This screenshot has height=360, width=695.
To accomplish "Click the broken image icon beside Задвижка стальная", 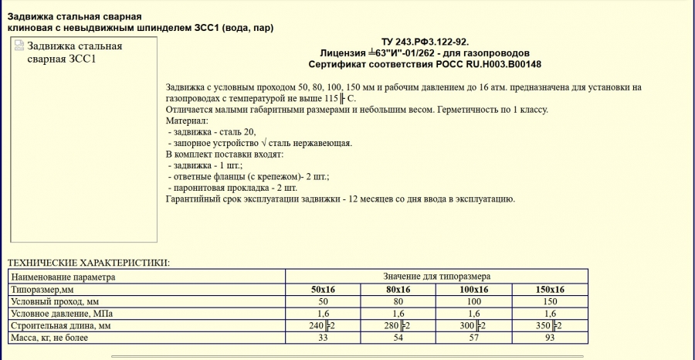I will [19, 46].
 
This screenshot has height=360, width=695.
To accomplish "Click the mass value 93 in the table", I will [550, 338].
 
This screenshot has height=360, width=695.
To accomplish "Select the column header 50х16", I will [323, 289].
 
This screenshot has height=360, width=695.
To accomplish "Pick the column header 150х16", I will [550, 289].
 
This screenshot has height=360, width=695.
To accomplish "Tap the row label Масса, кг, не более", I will [50, 338].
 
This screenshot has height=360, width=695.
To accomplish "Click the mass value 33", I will [323, 338].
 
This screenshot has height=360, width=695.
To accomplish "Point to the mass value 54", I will [398, 338].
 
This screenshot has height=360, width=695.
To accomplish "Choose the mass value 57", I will [474, 338].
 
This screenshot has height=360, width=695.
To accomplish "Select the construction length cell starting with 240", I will [323, 325].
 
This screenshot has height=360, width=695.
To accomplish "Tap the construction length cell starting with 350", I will [550, 325].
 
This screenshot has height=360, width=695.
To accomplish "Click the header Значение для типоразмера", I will [436, 276].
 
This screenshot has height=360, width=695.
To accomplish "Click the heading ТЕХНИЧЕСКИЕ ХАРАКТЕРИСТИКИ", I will [88, 263].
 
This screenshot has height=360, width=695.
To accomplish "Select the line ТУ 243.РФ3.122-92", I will [425, 41].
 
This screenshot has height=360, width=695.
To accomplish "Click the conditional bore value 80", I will [398, 301].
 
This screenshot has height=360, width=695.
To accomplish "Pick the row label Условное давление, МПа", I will [61, 313].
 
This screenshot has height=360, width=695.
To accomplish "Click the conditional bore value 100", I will [474, 301].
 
